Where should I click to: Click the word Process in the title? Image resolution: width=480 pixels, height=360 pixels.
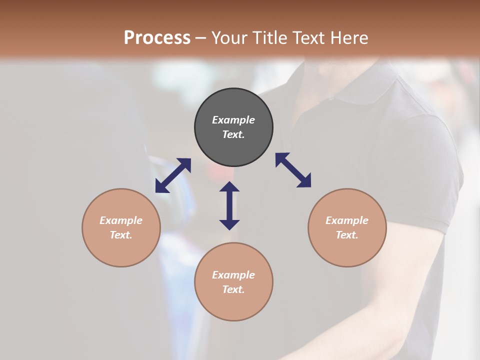click(157, 38)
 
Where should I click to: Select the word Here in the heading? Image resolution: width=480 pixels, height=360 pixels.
click(348, 38)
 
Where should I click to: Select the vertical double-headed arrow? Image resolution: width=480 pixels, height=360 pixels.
click(229, 205)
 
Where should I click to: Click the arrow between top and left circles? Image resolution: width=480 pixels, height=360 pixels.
click(173, 175)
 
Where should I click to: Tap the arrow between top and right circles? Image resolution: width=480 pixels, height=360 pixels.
click(293, 170)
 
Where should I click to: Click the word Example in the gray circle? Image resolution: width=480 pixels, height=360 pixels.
click(233, 120)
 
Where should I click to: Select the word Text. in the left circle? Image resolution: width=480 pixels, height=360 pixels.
click(121, 235)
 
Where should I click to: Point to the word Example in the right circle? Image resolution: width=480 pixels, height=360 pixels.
click(347, 220)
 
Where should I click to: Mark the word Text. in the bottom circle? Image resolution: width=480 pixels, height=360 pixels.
click(233, 289)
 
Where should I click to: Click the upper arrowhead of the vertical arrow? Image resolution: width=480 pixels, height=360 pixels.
click(229, 187)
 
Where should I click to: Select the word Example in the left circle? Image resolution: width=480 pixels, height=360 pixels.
click(121, 220)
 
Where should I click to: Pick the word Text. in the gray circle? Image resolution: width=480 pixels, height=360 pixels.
click(233, 134)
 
